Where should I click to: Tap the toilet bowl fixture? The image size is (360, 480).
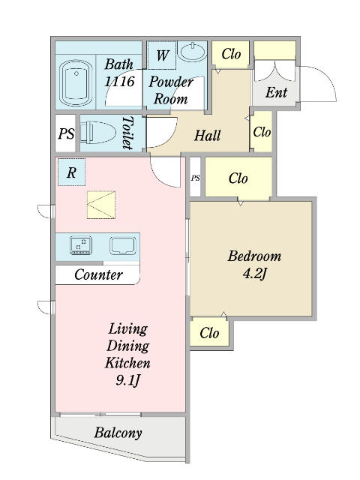[x=98, y=133]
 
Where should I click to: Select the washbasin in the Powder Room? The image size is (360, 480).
[x=193, y=52]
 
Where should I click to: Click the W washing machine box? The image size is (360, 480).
[x=162, y=55]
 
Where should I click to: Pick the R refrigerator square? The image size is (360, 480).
[x=72, y=172]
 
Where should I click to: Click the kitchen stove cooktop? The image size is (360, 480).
[x=81, y=245]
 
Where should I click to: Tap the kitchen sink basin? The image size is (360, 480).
[x=123, y=245]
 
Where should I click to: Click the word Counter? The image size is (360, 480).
[x=98, y=274]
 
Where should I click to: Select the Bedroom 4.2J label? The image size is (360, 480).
[x=254, y=265]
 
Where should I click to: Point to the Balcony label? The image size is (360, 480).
[x=118, y=433]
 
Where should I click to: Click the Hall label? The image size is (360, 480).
[x=207, y=135]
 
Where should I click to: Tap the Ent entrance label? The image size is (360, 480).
[x=277, y=92]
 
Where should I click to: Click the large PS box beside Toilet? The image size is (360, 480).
[x=66, y=133]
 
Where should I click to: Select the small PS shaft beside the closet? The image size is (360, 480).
[x=195, y=177]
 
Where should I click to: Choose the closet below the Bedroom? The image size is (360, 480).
[x=209, y=333]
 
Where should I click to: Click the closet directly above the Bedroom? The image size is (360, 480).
[x=238, y=177]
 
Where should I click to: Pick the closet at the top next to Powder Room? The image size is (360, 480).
[x=231, y=55]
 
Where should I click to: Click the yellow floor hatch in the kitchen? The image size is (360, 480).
[x=101, y=205]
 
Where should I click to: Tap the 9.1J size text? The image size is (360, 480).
[x=128, y=380]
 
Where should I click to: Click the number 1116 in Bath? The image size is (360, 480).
[x=120, y=82]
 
